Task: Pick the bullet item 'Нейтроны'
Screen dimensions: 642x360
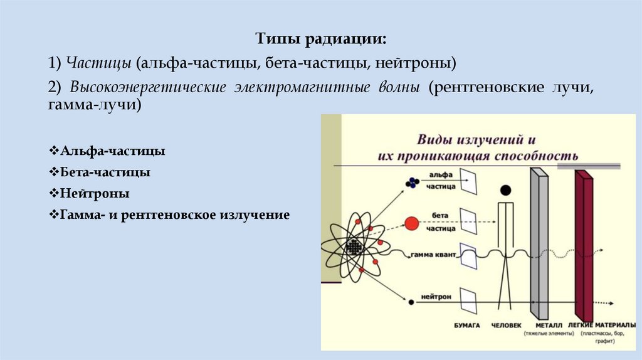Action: click(x=95, y=193)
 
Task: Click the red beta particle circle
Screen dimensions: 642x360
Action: click(x=411, y=223)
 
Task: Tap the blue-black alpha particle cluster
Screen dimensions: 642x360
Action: click(x=412, y=183)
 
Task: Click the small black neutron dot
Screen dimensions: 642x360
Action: click(x=411, y=302)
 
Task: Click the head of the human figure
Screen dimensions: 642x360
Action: click(x=505, y=190)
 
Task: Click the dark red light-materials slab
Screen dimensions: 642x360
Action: click(x=584, y=245)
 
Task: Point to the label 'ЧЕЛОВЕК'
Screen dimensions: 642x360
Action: click(x=505, y=326)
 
